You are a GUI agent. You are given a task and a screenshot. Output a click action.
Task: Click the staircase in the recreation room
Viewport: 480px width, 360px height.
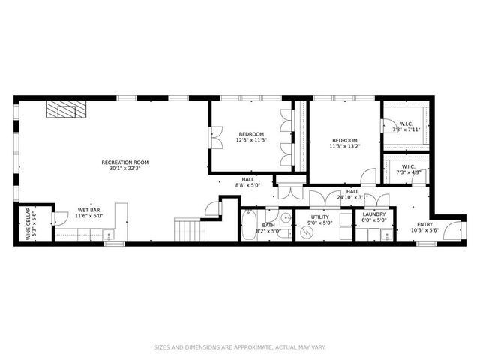[188, 229]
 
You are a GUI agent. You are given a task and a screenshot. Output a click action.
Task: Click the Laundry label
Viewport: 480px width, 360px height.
[373, 217]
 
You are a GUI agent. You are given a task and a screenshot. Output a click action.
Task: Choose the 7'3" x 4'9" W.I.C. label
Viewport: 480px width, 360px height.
[408, 170]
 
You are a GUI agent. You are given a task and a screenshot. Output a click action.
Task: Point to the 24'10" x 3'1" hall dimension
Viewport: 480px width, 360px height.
[352, 195]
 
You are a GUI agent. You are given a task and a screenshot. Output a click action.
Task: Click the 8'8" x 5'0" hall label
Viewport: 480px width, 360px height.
[247, 182]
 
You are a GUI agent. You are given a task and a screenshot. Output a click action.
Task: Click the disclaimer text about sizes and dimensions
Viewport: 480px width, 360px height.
[240, 347]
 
